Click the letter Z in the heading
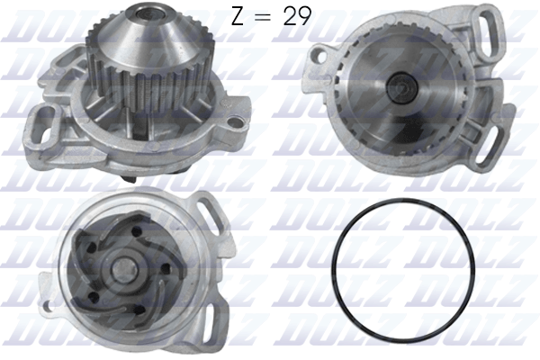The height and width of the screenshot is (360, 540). tap(237, 18)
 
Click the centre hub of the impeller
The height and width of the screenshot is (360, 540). tap(119, 268)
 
